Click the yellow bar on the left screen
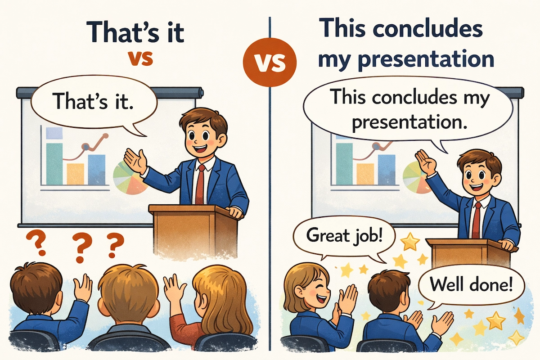[x=76, y=174]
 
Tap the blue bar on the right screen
[x=387, y=168]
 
